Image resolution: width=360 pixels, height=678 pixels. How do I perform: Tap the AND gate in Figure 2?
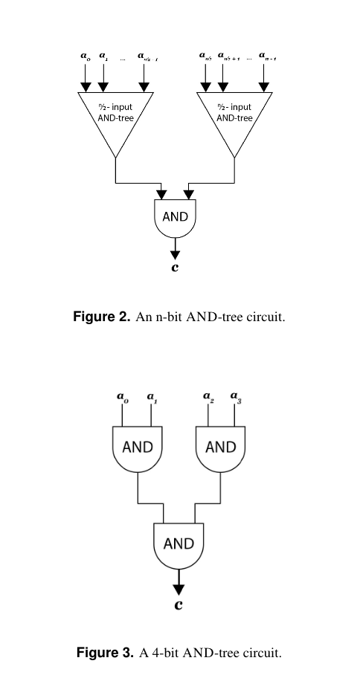[176, 219]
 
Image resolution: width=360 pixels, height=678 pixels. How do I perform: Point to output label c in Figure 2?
[175, 268]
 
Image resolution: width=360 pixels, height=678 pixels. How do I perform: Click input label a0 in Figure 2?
[85, 55]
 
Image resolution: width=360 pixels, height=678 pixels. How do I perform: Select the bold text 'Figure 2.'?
[102, 317]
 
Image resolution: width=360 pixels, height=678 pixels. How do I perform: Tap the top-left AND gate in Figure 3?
[137, 448]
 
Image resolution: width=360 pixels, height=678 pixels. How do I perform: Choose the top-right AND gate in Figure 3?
[220, 448]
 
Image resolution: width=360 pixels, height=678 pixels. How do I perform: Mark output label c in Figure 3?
[179, 605]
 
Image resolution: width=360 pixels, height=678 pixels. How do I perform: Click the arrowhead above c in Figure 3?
[179, 587]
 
